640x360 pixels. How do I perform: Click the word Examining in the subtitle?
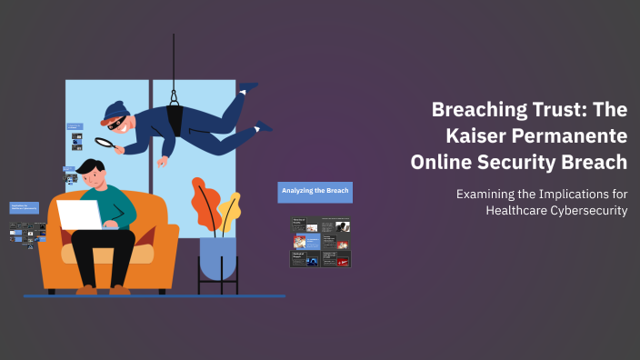(x=487, y=194)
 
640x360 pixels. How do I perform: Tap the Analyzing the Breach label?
(x=315, y=192)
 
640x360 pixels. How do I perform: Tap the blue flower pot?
(x=217, y=257)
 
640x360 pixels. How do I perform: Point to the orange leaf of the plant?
(x=203, y=201)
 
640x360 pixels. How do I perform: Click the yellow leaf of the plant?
(x=228, y=213)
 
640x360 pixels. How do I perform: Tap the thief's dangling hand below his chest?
(x=163, y=163)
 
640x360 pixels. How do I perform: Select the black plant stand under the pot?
(x=217, y=285)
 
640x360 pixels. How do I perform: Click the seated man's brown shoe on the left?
(x=87, y=289)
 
